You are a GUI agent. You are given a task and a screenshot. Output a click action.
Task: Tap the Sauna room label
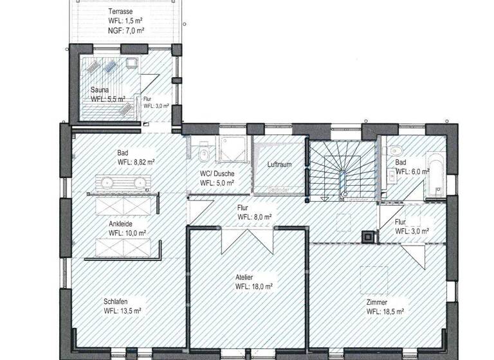point(100,90)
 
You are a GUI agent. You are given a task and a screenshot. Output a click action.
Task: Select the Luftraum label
point(279,165)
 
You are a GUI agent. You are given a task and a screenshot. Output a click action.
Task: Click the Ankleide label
point(123,224)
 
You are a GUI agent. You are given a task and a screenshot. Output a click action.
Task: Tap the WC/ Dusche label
point(217,174)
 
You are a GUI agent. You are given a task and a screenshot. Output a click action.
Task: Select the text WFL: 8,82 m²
point(136,162)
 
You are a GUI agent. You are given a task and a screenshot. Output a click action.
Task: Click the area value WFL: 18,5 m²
point(385,311)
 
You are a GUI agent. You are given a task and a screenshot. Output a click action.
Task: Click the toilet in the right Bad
point(393,151)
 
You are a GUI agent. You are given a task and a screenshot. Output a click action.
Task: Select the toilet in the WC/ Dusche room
point(203,154)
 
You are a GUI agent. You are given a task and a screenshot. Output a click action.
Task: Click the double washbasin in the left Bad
point(123,182)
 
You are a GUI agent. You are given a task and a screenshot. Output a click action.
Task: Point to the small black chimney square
point(369,237)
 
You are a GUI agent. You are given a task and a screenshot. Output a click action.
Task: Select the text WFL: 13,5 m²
point(121,311)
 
